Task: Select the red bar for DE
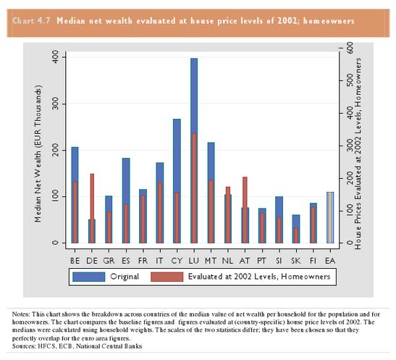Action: point(92,209)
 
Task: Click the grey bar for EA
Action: point(330,218)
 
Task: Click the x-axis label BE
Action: point(75,261)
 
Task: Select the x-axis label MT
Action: point(211,261)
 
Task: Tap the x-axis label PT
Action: point(262,261)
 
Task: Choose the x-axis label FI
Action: point(313,261)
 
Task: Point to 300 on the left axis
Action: point(56,104)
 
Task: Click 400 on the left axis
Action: point(56,57)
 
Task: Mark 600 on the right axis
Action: point(350,48)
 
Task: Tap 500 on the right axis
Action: point(350,80)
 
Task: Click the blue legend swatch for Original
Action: point(88,277)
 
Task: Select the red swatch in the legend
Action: point(167,277)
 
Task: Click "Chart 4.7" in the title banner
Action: point(32,21)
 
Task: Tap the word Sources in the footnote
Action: point(24,346)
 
